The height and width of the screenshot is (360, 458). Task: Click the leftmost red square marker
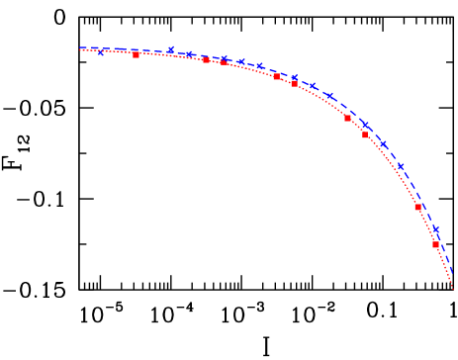(x=136, y=54)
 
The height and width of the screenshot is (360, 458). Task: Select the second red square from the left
(x=206, y=60)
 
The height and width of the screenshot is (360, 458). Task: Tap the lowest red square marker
(x=435, y=244)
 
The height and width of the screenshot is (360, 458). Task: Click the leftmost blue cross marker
(x=101, y=51)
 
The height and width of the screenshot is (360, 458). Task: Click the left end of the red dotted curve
(x=80, y=50)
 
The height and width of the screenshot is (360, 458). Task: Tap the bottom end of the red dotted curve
(x=454, y=289)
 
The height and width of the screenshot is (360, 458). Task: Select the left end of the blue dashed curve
(x=80, y=47)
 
